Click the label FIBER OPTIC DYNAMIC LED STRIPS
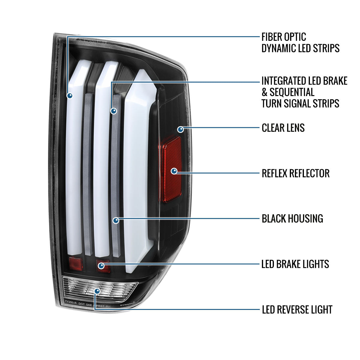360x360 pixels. [300, 42]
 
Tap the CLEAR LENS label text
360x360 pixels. [283, 128]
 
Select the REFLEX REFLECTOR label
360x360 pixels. [295, 173]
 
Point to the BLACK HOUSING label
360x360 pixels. [292, 219]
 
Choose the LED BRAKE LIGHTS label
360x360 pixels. [295, 264]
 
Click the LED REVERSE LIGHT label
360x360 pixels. [297, 310]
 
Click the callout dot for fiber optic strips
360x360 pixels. [70, 96]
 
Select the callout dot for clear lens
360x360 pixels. [181, 130]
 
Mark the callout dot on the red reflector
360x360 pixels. [174, 171]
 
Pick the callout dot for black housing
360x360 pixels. [116, 221]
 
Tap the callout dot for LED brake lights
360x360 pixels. [101, 265]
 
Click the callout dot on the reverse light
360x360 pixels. [97, 291]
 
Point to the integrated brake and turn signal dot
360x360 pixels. [113, 111]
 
